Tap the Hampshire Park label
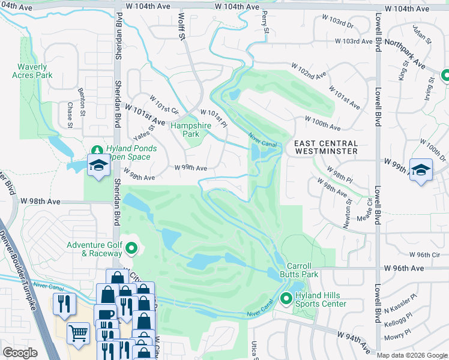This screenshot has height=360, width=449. coord(185,130)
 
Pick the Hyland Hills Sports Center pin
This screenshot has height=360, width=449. coord(286,298)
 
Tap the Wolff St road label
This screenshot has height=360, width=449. coord(180,27)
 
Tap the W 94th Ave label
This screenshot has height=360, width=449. coord(354,340)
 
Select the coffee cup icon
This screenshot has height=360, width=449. coord(104,314)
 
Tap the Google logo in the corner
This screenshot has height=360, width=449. coord(20,352)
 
